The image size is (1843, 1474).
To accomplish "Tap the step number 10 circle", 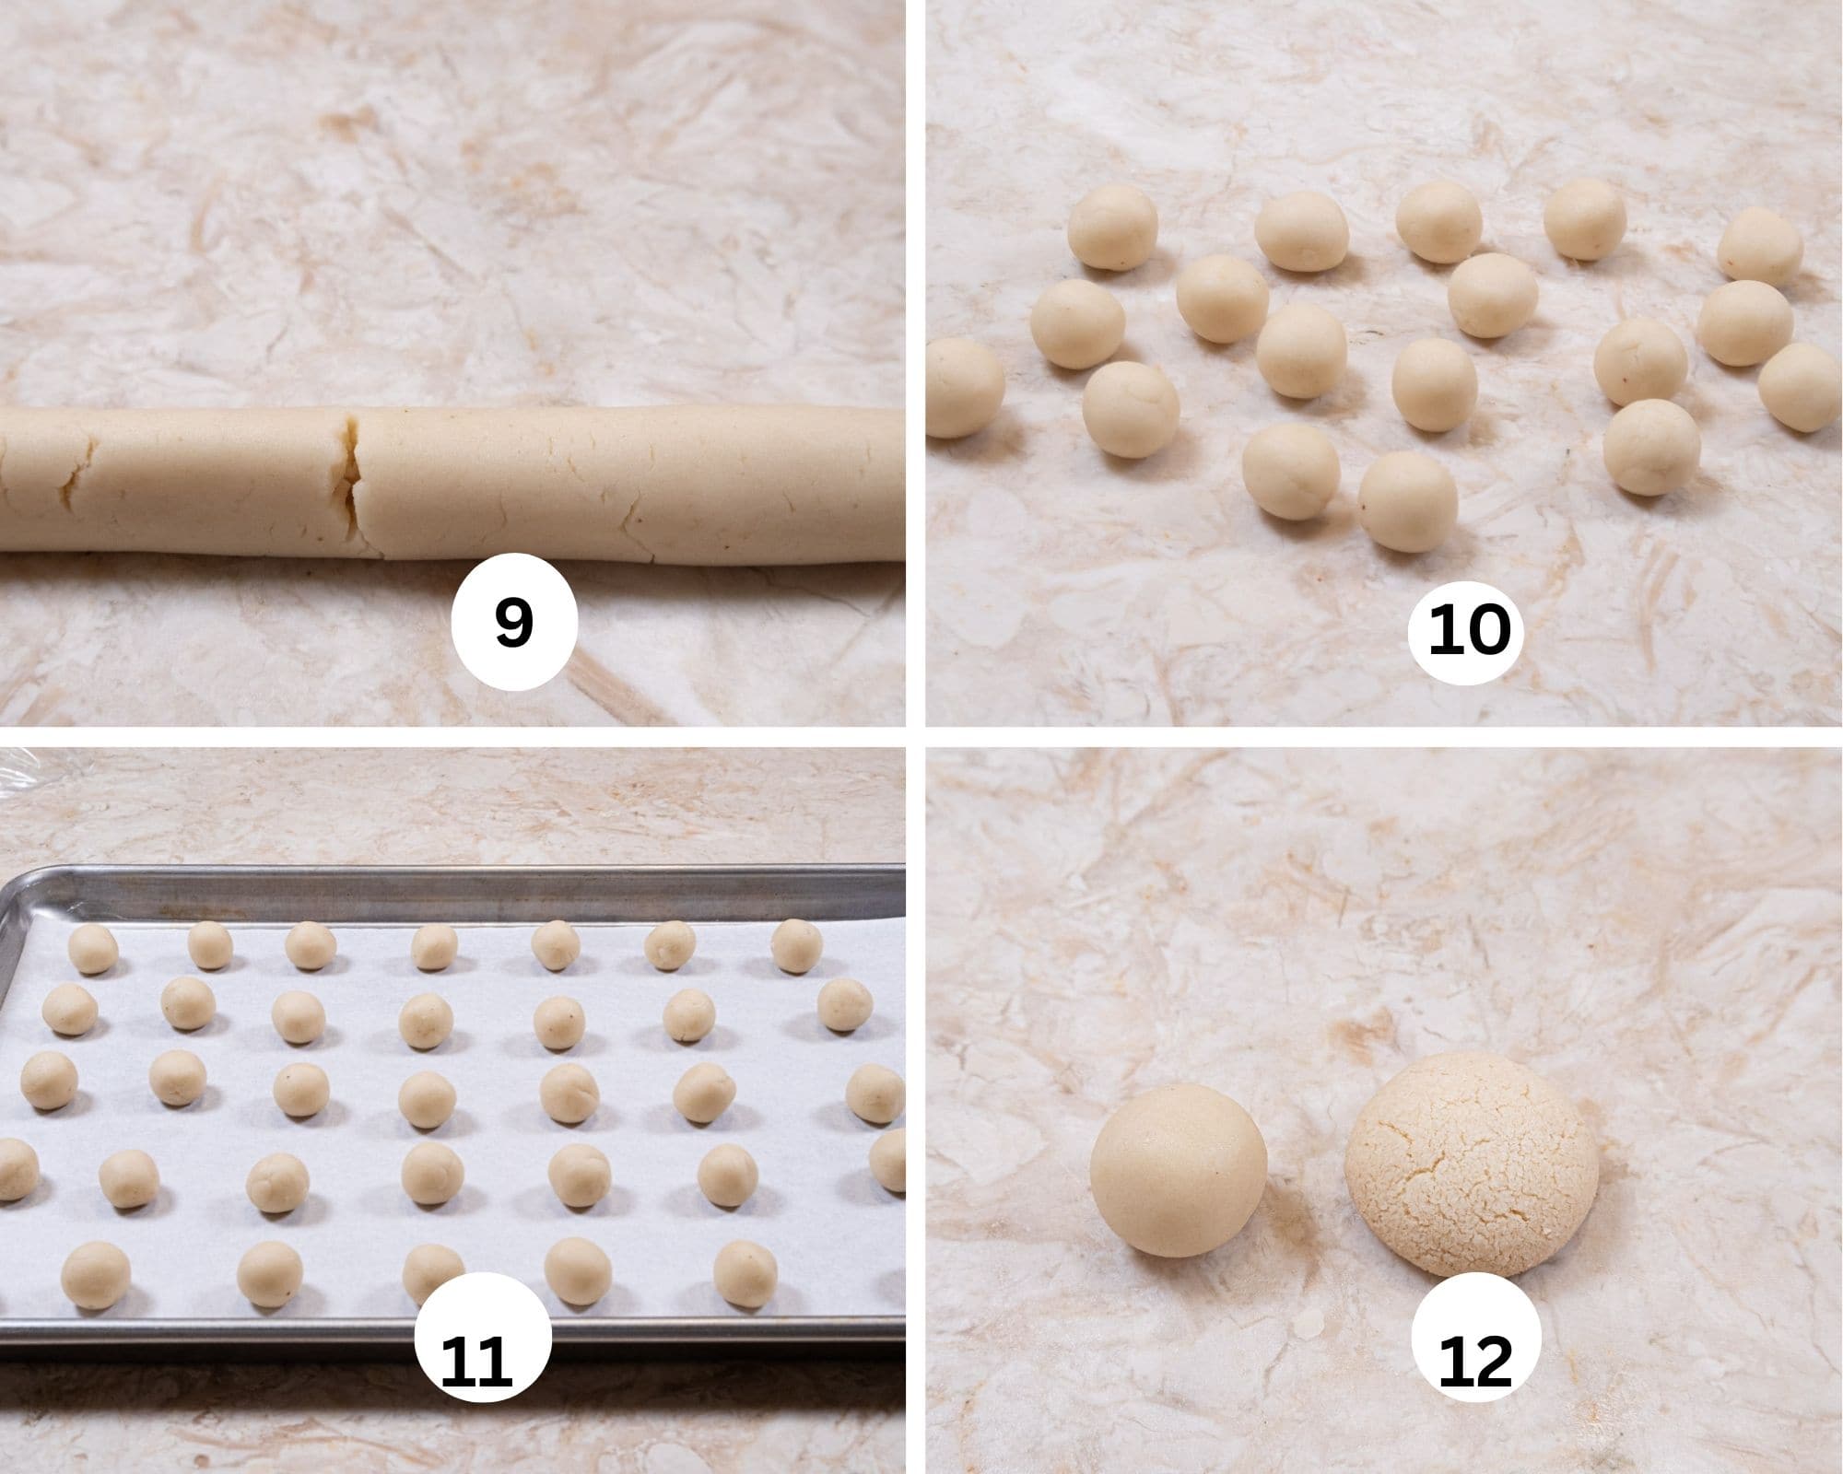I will pos(1470,631).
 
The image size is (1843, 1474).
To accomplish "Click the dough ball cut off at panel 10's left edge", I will pos(962,387).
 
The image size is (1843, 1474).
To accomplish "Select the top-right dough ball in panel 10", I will pos(1759,246).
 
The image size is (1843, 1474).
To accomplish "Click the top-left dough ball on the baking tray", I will pos(94,949).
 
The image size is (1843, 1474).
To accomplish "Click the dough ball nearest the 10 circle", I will pos(1407,502).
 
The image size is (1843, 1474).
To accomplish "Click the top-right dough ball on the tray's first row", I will pos(796,945).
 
